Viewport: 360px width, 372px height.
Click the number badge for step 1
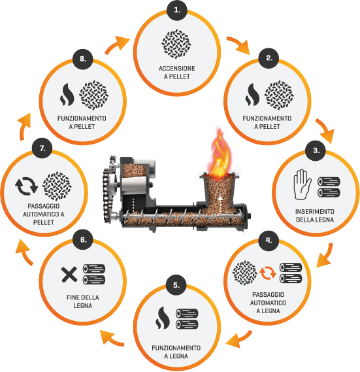tap(177, 10)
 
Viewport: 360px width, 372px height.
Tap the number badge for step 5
tap(176, 285)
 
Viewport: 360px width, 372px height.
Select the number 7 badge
tap(42, 148)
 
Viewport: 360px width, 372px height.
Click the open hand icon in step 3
tap(302, 184)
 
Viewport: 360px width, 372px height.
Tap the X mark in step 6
tap(69, 275)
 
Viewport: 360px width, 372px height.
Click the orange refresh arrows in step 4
tap(268, 273)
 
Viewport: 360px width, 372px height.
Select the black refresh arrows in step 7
tap(26, 186)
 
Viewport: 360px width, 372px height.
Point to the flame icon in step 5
tap(163, 318)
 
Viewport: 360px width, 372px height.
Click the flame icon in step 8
tap(67, 94)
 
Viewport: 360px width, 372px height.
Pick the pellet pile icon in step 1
tap(176, 44)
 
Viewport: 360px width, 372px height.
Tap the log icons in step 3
tap(329, 187)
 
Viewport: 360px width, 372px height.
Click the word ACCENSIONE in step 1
tap(177, 69)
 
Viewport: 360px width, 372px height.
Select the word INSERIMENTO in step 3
tap(315, 211)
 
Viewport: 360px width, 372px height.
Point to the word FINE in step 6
tap(73, 297)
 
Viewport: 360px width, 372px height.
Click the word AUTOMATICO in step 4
tap(268, 303)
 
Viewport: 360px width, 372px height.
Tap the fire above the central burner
tap(219, 154)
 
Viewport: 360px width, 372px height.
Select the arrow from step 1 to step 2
tap(238, 45)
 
